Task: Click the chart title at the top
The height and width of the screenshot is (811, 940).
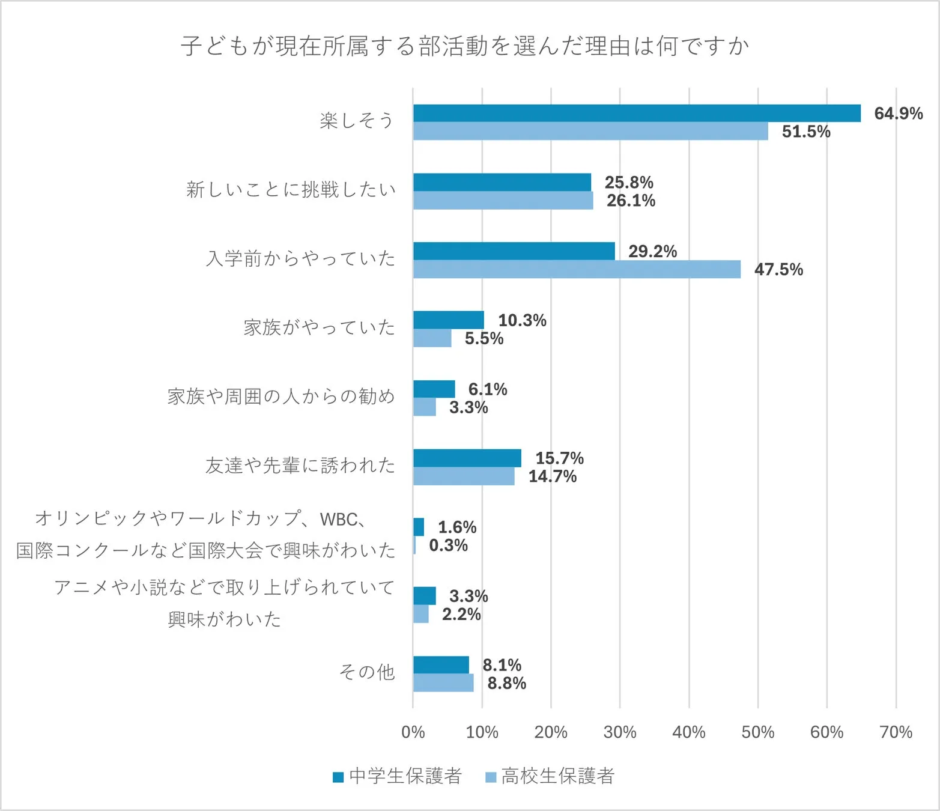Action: [x=464, y=46]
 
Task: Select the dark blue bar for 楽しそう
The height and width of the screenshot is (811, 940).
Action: [x=637, y=113]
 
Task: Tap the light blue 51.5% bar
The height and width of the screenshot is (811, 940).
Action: [x=590, y=131]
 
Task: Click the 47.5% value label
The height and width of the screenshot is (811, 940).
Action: [x=778, y=269]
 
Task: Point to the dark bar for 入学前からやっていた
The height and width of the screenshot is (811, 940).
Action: [x=514, y=251]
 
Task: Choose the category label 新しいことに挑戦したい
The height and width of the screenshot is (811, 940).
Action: [x=291, y=190]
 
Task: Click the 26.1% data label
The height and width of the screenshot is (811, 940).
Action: [x=631, y=201]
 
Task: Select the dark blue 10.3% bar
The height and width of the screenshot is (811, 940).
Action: [x=448, y=320]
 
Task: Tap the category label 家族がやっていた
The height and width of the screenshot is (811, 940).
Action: [x=319, y=327]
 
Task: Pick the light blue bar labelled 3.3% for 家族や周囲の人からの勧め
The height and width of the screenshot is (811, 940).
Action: [x=424, y=407]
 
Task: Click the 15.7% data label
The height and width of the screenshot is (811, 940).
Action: [x=559, y=458]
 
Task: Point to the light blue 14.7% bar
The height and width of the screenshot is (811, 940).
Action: [x=464, y=476]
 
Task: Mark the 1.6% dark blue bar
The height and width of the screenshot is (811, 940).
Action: [x=419, y=527]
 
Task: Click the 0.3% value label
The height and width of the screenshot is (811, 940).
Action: [x=448, y=545]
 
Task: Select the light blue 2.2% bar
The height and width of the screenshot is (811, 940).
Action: [x=420, y=614]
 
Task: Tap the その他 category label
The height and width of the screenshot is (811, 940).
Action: [x=366, y=672]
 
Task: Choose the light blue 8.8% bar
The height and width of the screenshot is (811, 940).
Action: [x=443, y=683]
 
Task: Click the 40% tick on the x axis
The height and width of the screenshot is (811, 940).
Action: [x=688, y=732]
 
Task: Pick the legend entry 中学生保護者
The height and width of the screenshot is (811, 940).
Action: [x=398, y=776]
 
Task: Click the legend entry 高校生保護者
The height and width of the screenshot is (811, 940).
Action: [x=550, y=776]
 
